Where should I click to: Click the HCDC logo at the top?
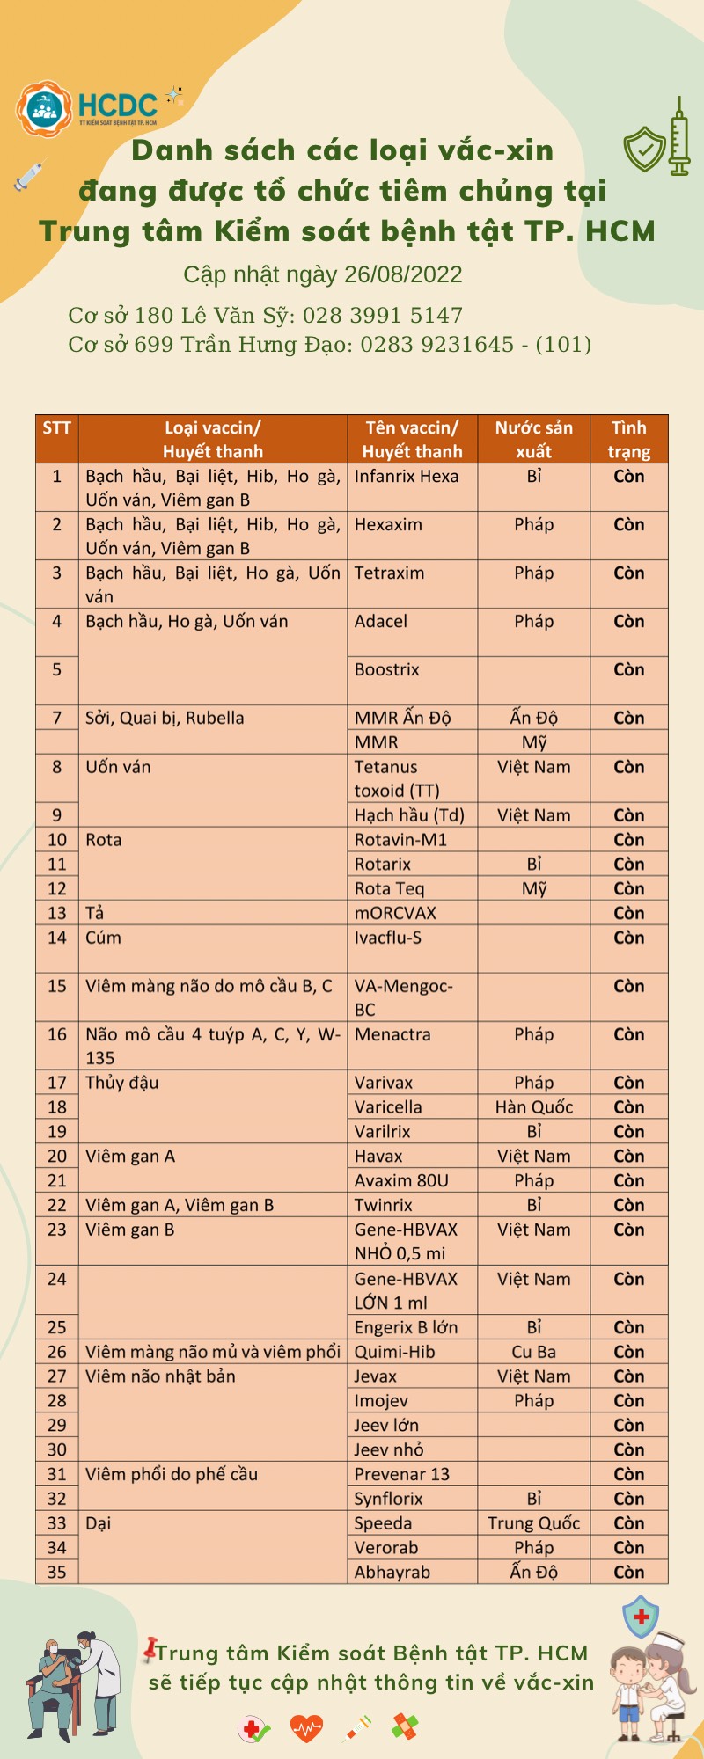tap(88, 108)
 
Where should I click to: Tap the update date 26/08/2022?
tap(403, 275)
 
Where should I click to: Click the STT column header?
tap(56, 428)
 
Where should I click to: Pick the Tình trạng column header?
tap(628, 440)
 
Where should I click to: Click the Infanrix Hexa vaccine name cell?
tap(407, 477)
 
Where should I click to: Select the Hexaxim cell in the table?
tap(388, 525)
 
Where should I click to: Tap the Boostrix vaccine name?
tap(387, 670)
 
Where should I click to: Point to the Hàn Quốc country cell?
tap(533, 1107)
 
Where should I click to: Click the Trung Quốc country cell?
tap(533, 1523)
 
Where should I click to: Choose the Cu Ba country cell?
tap(533, 1352)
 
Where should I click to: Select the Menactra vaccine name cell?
tap(392, 1035)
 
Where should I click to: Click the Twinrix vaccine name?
tap(384, 1206)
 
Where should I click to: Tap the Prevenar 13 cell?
tap(401, 1474)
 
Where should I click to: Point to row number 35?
tap(57, 1572)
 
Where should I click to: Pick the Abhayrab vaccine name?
tap(392, 1572)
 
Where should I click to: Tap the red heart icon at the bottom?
tap(306, 1728)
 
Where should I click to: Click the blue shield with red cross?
tap(641, 1617)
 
